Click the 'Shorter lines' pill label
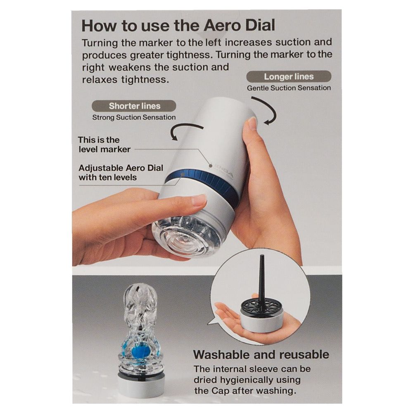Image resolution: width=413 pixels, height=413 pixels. [x=134, y=106]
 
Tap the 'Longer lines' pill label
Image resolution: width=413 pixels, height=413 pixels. [x=289, y=77]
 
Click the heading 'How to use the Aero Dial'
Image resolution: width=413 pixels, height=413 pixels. [x=178, y=25]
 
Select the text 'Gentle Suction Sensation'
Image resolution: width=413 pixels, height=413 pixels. [x=289, y=88]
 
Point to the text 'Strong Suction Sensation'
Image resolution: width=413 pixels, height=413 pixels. [x=134, y=117]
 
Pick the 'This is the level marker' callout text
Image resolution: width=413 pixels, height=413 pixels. [x=104, y=145]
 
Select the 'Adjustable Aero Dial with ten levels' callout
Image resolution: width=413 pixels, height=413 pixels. [x=121, y=173]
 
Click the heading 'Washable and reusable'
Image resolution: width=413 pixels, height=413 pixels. [x=261, y=354]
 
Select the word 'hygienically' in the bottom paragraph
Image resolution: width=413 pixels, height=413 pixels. [x=260, y=380]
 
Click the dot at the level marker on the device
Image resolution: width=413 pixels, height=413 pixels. [x=211, y=166]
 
